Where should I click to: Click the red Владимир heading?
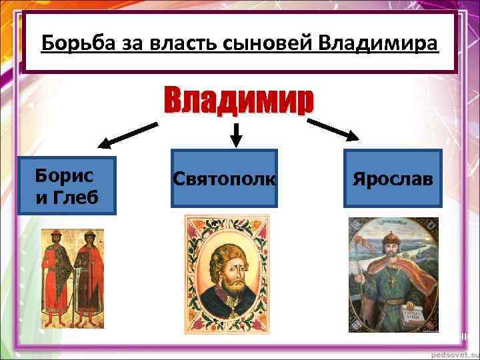coord(238,102)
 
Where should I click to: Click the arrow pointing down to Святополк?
coord(235,135)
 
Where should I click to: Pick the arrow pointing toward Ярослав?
coord(335,130)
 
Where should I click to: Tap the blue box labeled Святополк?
coord(224,178)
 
